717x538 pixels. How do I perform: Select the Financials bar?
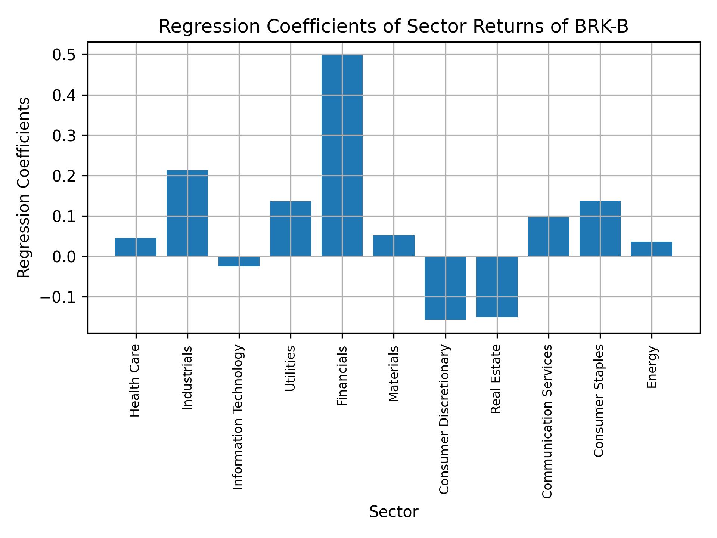coord(342,155)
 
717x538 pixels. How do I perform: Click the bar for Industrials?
coord(187,213)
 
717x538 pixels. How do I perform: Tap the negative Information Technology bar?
coord(239,261)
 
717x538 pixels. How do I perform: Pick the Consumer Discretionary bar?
coord(445,288)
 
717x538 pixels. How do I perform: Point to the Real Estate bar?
coord(497,287)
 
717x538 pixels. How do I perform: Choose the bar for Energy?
coord(651,249)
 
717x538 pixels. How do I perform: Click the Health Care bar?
coord(136,247)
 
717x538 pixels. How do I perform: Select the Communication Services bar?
coord(548,237)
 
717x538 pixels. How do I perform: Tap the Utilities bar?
coord(291,229)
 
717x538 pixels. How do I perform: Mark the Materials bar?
coord(394,246)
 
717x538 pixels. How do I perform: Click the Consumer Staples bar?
coord(600,229)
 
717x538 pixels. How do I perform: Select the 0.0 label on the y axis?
coord(64,257)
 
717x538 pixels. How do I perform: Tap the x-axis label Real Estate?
coord(495,379)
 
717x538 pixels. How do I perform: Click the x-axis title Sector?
coord(394,512)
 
